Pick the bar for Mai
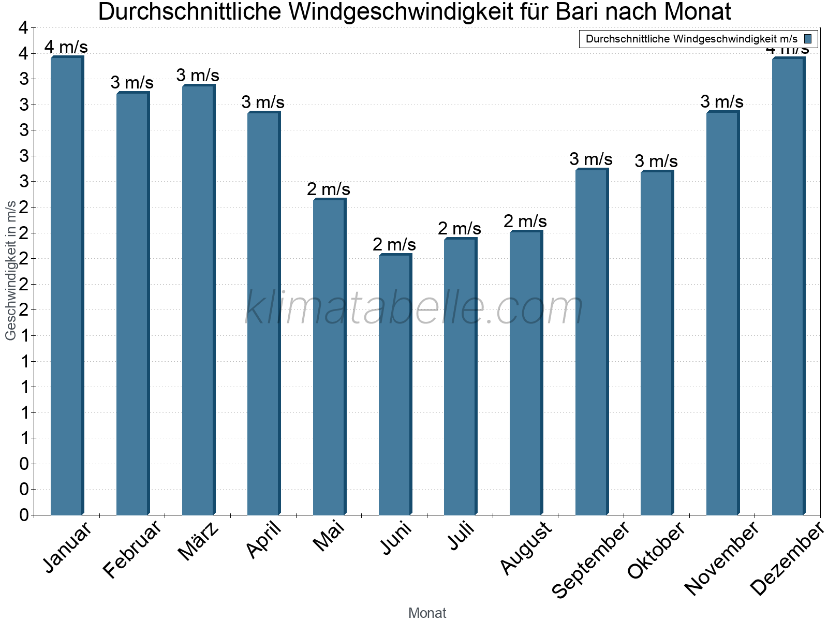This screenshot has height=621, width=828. pos(329,357)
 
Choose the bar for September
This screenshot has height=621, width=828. pos(592,342)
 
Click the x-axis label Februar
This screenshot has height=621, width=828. pos(132,549)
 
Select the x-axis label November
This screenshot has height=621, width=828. pos(721,557)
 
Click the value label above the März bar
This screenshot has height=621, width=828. pos(198,76)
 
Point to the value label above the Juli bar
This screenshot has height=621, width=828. pos(460,228)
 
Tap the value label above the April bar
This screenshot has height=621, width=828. pos(263,102)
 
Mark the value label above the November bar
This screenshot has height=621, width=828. pos(722,102)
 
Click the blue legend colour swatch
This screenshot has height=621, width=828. pos(808,39)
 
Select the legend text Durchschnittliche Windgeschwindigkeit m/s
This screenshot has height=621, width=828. pos(691,39)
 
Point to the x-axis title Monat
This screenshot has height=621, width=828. pos(427,613)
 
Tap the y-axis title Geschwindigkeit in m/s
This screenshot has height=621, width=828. pos(11,270)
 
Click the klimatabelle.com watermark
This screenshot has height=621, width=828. pos(414,308)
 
